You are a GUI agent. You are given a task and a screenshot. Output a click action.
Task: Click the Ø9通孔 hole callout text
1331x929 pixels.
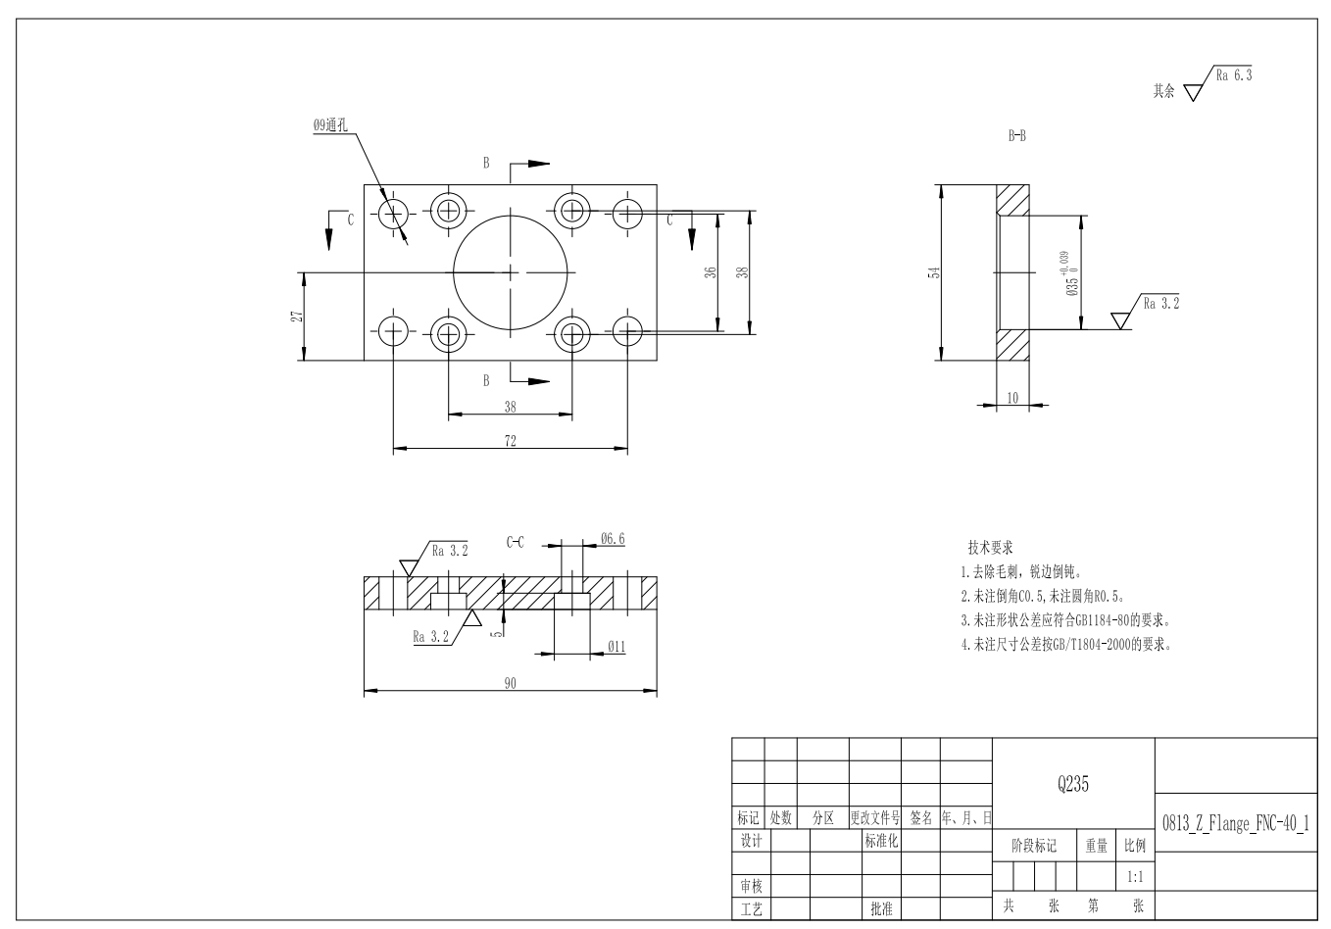point(329,125)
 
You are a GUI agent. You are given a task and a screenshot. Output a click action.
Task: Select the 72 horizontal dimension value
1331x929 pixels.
point(510,441)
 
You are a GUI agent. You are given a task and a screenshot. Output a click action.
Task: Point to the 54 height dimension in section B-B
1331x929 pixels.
point(934,272)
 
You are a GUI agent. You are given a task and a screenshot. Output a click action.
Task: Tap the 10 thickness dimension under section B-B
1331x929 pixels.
point(1012,397)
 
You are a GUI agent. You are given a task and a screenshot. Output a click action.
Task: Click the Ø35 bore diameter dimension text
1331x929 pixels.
point(1073,275)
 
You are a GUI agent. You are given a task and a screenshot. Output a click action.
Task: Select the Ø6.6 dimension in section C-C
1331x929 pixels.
point(613,539)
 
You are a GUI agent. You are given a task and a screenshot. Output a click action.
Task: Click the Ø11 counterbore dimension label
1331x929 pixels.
point(616,647)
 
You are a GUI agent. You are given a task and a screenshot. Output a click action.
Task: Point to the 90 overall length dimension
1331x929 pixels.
point(510,683)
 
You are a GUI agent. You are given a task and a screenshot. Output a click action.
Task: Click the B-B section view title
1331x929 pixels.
point(1017,137)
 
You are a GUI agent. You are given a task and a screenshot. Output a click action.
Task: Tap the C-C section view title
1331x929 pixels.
point(515,541)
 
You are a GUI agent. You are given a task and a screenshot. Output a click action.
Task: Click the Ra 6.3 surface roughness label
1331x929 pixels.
point(1233,74)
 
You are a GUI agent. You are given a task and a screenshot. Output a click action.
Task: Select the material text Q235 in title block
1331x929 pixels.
point(1073,784)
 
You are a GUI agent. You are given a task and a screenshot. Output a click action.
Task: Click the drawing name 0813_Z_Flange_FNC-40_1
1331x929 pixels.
point(1235,823)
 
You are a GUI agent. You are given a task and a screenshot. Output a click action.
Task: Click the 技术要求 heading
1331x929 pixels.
point(990,547)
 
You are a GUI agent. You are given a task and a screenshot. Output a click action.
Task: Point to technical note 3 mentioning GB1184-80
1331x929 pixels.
point(1066,620)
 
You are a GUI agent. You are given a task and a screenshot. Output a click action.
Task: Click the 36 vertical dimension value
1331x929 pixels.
point(712,272)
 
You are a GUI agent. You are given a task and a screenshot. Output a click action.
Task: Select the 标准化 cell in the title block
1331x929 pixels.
point(881,841)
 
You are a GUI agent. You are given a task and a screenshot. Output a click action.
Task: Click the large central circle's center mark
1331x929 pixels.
point(511,271)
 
